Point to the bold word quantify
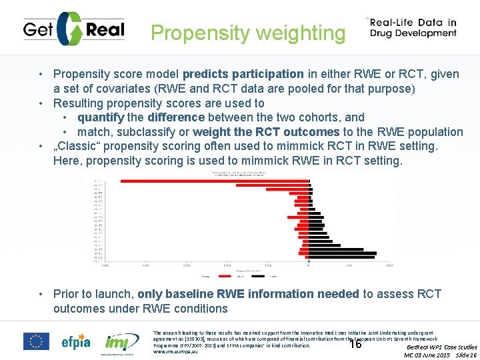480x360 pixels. (x=101, y=118)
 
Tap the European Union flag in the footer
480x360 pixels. (x=36, y=341)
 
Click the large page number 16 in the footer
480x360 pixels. (x=355, y=344)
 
